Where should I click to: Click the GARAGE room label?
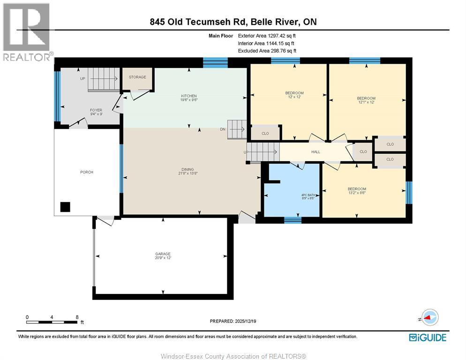(163, 254)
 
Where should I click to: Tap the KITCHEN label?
(189, 96)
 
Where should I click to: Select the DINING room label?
(188, 169)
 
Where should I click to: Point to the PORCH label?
(87, 172)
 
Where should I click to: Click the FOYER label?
(96, 110)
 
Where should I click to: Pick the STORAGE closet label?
(137, 77)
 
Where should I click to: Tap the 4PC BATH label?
(308, 195)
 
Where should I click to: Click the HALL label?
(316, 151)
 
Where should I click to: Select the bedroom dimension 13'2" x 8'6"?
(357, 193)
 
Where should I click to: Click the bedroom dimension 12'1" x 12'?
(367, 102)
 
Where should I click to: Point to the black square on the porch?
(65, 207)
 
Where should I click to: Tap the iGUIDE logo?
(428, 337)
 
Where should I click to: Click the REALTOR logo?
(27, 32)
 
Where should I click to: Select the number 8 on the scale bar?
(77, 317)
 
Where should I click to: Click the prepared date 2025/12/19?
(246, 321)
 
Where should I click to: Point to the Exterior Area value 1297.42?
(277, 36)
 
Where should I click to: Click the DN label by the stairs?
(223, 129)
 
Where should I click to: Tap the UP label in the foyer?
(83, 78)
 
